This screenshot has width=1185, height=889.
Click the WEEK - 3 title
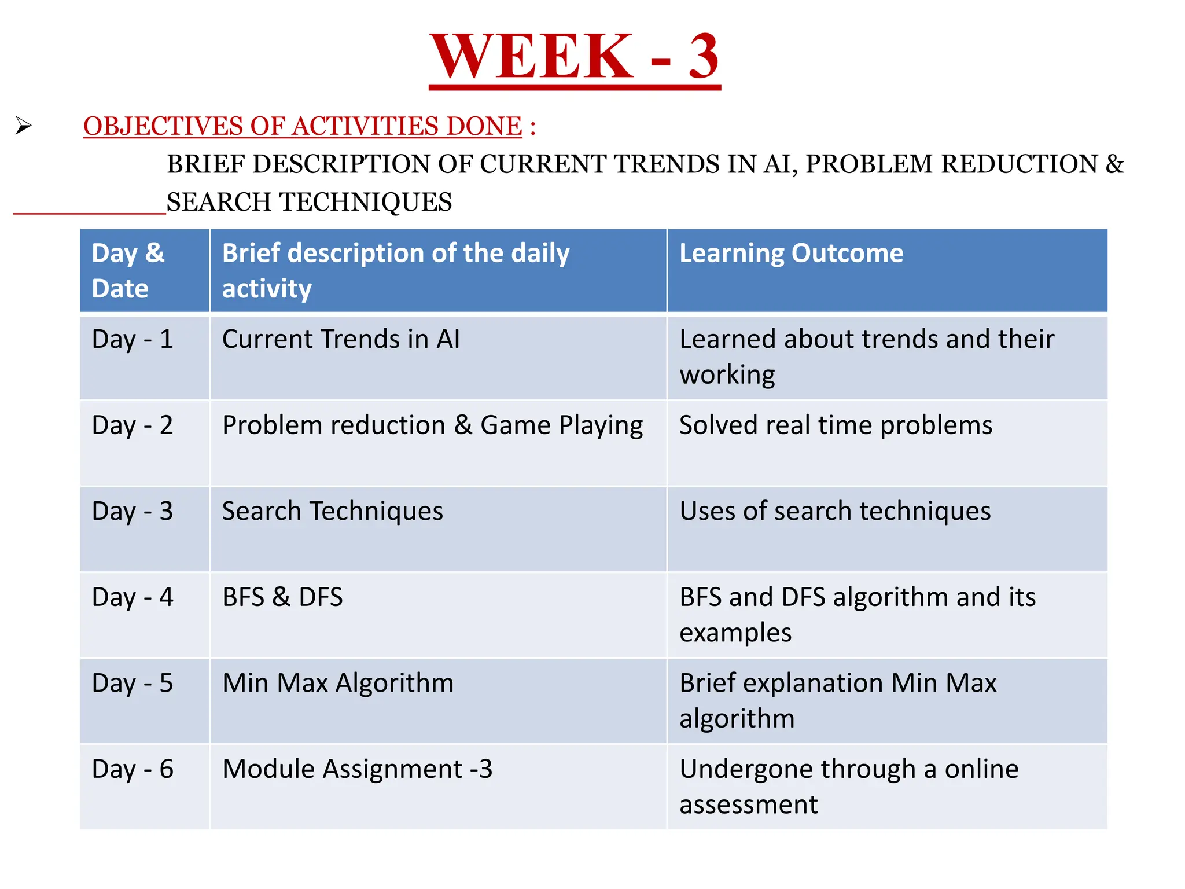[575, 57]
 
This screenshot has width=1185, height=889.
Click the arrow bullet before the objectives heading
[23, 126]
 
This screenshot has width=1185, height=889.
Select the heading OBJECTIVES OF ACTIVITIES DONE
[303, 126]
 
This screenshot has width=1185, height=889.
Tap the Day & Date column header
[128, 270]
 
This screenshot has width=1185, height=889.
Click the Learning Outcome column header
[791, 254]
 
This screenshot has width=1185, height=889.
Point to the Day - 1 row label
[133, 339]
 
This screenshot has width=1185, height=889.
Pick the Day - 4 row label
[133, 597]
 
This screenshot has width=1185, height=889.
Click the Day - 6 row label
[133, 769]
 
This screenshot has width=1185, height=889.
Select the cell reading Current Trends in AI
[341, 339]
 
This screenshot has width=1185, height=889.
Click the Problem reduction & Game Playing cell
[432, 425]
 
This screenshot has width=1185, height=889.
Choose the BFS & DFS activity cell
[282, 597]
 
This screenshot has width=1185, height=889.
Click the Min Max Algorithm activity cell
[338, 684]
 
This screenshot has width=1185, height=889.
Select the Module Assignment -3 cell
[357, 769]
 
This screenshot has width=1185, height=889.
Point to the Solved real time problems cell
[836, 425]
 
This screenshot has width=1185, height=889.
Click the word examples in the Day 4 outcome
[735, 633]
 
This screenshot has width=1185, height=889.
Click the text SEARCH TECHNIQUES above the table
[309, 202]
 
